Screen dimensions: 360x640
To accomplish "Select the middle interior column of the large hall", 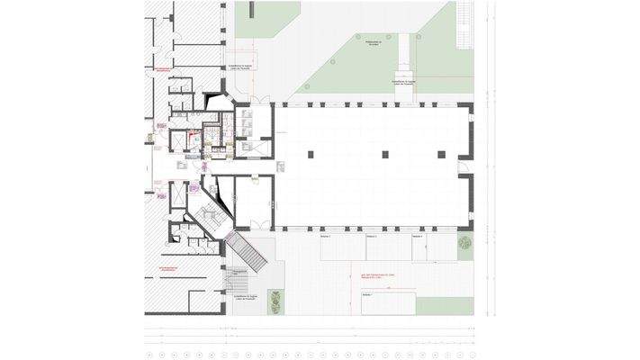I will [x=383, y=154].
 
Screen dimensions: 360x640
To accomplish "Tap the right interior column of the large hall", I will [x=442, y=154].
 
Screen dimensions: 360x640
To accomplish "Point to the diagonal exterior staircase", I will [x=248, y=251].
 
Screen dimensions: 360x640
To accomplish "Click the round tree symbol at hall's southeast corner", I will [x=464, y=244].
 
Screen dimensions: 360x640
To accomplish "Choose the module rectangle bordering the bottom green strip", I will [x=388, y=303].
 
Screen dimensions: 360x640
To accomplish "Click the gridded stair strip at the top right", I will [x=465, y=15].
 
